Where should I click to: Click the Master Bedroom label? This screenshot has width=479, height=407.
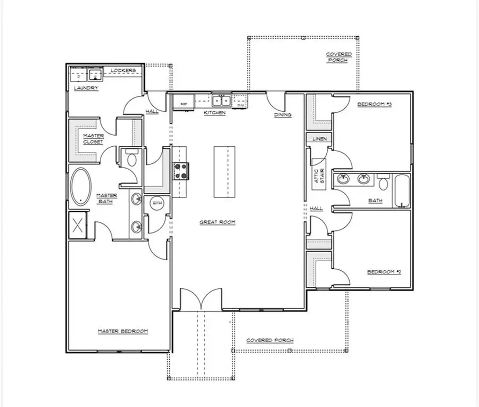[x=123, y=331]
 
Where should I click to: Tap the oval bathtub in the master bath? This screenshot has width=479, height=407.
[x=80, y=187]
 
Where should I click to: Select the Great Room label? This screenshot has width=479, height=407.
[x=218, y=222]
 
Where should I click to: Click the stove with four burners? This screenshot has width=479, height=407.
[x=180, y=170]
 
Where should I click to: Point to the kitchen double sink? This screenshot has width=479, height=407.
[x=221, y=101]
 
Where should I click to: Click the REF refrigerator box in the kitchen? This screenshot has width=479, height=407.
[x=184, y=103]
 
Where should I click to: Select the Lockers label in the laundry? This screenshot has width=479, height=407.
[x=123, y=71]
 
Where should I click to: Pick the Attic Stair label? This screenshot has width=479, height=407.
[x=318, y=176]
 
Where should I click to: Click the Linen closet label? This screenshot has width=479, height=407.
[x=319, y=138]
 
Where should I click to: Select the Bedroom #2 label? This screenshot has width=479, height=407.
[x=384, y=272]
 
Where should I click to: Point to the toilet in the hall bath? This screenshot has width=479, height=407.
[x=383, y=182]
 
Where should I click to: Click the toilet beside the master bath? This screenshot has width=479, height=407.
[x=131, y=158]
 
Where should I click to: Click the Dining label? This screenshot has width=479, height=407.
[x=283, y=115]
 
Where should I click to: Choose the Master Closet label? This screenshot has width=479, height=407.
[x=93, y=139]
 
